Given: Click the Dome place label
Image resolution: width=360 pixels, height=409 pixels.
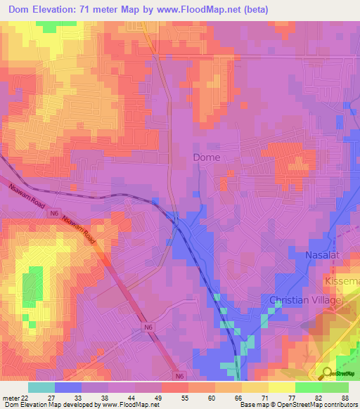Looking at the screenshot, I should (207, 157).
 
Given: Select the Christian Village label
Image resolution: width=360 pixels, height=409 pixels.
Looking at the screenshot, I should (305, 300).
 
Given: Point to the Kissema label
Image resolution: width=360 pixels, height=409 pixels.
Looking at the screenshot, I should (342, 280).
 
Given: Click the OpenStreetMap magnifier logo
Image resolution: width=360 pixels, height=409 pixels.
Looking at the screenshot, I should (327, 372).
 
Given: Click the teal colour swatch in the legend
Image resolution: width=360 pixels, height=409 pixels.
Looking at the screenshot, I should (41, 387).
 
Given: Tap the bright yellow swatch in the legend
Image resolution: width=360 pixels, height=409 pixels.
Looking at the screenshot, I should (281, 387).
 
